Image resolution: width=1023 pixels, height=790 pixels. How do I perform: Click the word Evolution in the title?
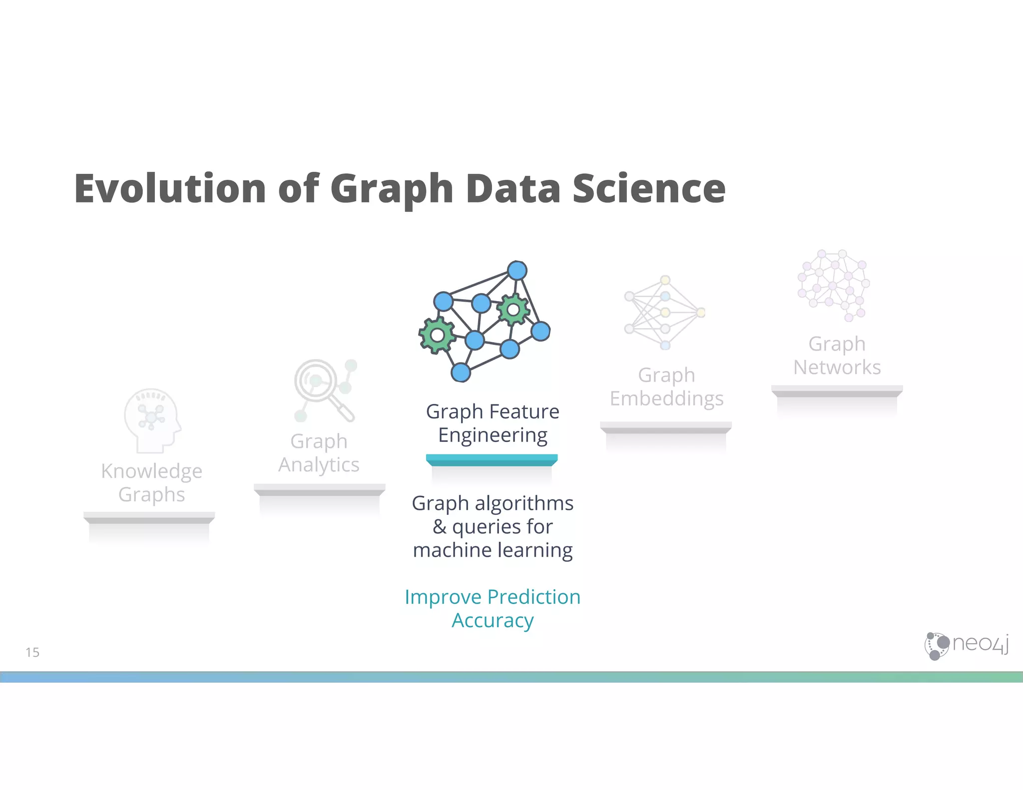[170, 188]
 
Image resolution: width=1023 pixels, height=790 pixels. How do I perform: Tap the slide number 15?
[32, 652]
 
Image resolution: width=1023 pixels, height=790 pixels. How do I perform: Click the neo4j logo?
[966, 646]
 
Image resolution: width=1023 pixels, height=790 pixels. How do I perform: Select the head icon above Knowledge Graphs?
[152, 419]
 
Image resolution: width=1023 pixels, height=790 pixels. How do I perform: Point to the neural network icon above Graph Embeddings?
[664, 313]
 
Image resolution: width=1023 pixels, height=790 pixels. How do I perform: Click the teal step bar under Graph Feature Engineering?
[492, 460]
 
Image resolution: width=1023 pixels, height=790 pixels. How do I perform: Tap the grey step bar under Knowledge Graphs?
[149, 517]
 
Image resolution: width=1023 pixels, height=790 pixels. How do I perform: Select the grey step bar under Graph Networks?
[837, 391]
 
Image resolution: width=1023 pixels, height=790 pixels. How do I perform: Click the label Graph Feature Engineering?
[493, 423]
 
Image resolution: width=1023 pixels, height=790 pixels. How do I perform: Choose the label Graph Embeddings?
[666, 387]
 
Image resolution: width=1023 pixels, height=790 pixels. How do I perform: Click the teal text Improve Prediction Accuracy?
[493, 608]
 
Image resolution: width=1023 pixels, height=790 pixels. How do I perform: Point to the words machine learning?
[493, 550]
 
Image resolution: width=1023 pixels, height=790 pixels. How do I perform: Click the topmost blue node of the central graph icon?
[517, 271]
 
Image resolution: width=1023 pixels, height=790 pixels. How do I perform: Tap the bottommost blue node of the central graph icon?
[461, 373]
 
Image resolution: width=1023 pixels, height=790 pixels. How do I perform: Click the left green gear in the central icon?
[437, 335]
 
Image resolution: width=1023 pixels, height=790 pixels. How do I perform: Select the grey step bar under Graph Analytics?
[319, 489]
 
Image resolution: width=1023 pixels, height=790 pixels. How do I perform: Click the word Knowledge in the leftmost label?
[152, 471]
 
